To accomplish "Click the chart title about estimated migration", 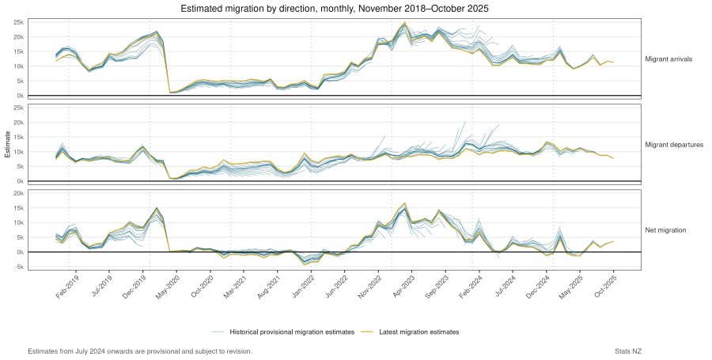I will pyautogui.click(x=335, y=9).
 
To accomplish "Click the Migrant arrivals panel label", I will pyautogui.click(x=668, y=59).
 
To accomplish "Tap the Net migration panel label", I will pyautogui.click(x=666, y=230).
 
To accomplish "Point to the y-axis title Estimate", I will pyautogui.click(x=8, y=145).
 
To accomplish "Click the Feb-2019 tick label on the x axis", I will pyautogui.click(x=66, y=286).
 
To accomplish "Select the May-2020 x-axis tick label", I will pyautogui.click(x=167, y=286).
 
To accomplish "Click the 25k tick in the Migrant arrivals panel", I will pyautogui.click(x=17, y=22).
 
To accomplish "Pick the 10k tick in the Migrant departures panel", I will pyautogui.click(x=17, y=152).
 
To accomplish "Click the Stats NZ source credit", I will pyautogui.click(x=629, y=351).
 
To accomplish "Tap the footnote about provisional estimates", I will pyautogui.click(x=140, y=351).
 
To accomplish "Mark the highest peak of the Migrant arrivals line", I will pyautogui.click(x=405, y=23).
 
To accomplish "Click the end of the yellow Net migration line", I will pyautogui.click(x=613, y=241).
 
